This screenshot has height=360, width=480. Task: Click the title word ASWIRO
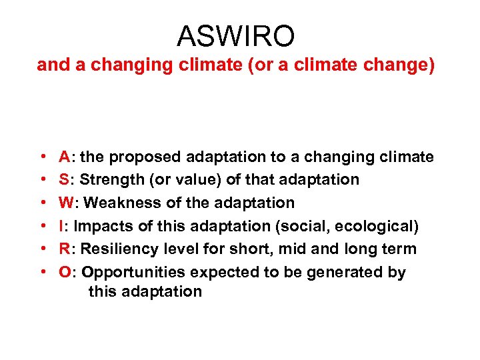coord(235,36)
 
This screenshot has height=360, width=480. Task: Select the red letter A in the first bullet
coord(65,157)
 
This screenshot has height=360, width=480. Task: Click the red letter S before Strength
coord(64,180)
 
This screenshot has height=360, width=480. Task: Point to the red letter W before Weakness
coord(66,203)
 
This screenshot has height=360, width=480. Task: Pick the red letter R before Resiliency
coord(65,249)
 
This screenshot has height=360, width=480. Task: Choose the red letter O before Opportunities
coord(65,272)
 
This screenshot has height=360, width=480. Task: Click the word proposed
coord(145,157)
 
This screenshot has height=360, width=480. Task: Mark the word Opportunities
coord(133,272)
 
